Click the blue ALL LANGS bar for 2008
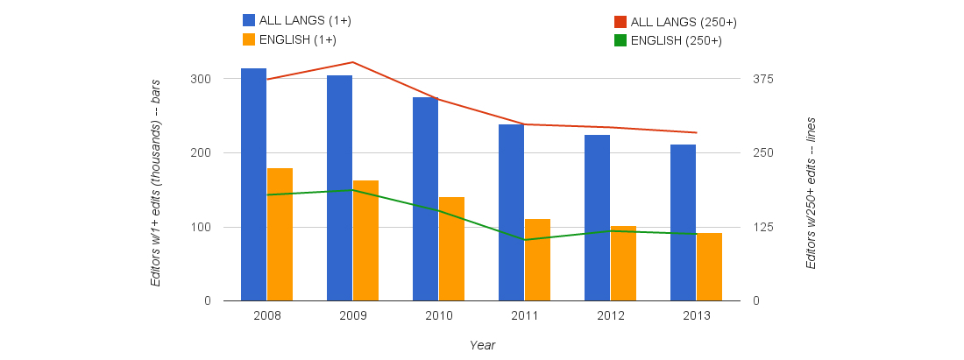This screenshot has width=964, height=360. pos(253,185)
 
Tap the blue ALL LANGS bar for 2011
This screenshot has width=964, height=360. pos(511,213)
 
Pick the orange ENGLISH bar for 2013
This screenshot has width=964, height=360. pos(709,267)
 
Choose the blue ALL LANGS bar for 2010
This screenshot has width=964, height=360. pos(425,199)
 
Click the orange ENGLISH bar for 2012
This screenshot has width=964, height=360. pos(623,264)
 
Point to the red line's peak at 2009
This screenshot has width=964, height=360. pos(352,62)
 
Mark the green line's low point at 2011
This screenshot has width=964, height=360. pos(524,240)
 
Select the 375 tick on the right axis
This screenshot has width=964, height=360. pos(762,79)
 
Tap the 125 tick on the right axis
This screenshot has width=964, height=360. pos(762,228)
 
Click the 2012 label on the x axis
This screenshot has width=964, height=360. pos(610,315)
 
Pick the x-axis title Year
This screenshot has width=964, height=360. pos(482,345)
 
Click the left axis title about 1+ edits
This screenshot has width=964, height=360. pos(155,188)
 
